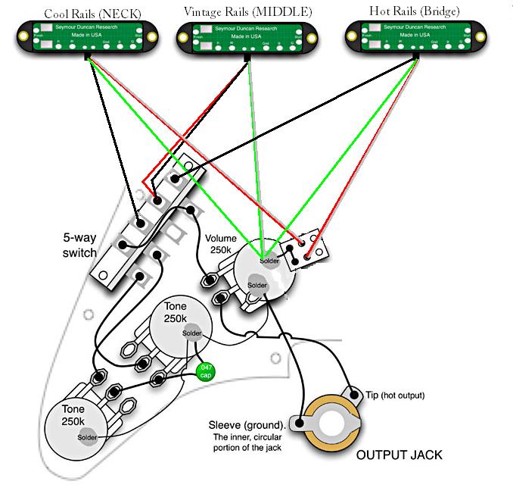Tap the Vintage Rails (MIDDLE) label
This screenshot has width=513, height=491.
click(x=248, y=12)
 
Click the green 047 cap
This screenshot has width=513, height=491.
click(x=204, y=371)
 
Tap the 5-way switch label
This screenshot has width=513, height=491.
click(x=79, y=245)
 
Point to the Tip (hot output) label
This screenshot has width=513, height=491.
click(x=393, y=396)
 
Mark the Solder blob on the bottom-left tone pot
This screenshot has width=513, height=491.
click(x=87, y=437)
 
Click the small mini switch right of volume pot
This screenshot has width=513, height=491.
click(x=304, y=249)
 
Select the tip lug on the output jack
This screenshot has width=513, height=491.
click(x=353, y=392)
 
